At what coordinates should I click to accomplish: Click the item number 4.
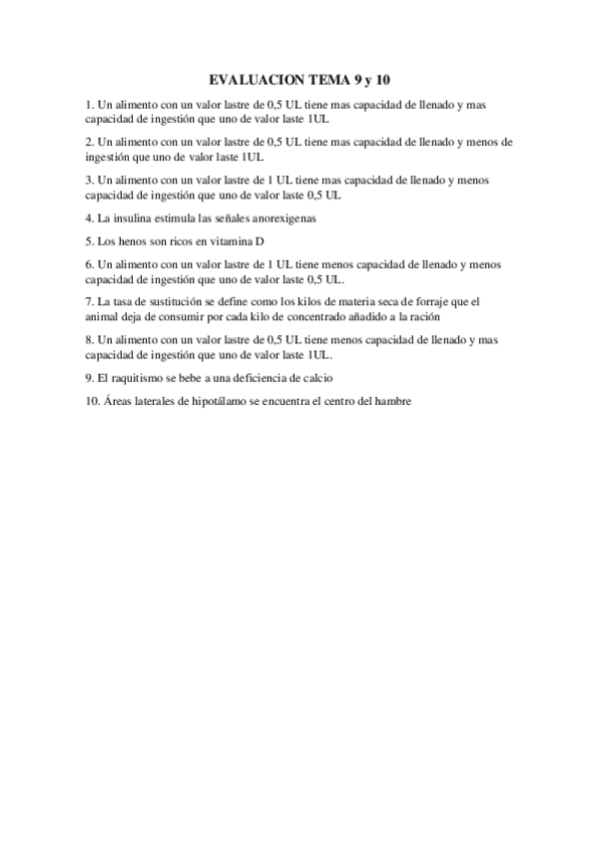pos(89,217)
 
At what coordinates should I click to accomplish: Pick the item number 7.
pos(89,300)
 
